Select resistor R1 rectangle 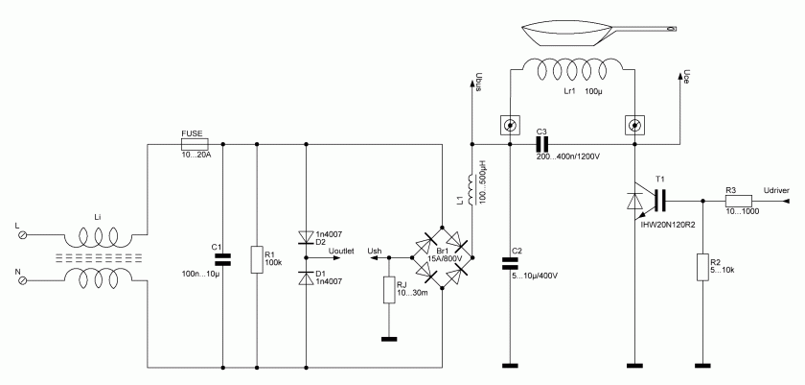coord(257,260)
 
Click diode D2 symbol coord(305,235)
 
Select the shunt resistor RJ coord(389,290)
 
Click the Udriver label coord(777,190)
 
